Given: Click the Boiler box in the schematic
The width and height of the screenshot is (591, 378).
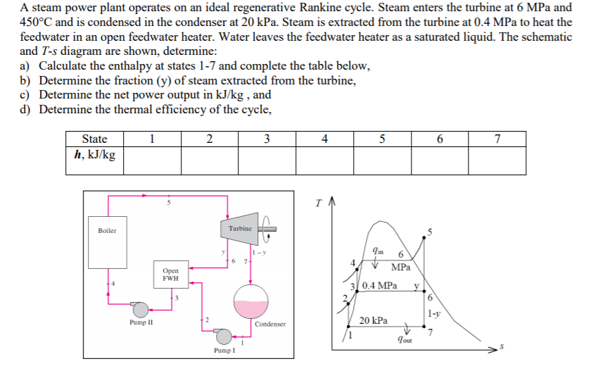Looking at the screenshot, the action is pos(108,242).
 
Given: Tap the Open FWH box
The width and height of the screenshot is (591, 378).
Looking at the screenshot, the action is pos(171,275).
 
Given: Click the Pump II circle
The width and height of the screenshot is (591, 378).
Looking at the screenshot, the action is pos(141,310).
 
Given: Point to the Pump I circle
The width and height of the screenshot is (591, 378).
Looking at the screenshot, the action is pos(224,336).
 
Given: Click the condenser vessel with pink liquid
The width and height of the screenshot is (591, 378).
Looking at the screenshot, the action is pos(251,301).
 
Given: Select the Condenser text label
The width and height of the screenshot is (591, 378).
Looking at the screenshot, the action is pos(270,324).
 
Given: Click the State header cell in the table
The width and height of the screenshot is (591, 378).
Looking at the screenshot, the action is pos(94,139).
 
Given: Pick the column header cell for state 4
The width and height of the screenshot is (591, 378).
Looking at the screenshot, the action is pos(324,139).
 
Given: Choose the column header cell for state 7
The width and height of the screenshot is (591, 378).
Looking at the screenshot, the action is pos(497,139).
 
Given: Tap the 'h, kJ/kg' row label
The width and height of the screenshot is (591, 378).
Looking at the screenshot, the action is pos(94,155).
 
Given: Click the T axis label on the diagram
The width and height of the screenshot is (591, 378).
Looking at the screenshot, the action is pos(319,203).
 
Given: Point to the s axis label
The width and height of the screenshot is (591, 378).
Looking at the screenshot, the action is pos(502,346).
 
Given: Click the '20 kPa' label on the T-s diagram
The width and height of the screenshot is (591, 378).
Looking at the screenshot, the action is pos(373,320).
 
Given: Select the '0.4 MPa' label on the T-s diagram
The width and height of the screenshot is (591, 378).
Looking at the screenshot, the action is pos(379,285).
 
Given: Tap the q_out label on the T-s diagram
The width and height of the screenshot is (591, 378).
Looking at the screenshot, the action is pos(405,339).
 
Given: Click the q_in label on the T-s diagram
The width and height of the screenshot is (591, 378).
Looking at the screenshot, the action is pos(378,251).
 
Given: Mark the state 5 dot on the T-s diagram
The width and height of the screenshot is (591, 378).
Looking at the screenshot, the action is pos(424,237).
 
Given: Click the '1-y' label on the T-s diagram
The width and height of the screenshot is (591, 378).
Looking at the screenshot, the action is pos(434,313).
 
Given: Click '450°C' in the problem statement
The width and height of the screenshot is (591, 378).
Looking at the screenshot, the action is pos(36,22).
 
